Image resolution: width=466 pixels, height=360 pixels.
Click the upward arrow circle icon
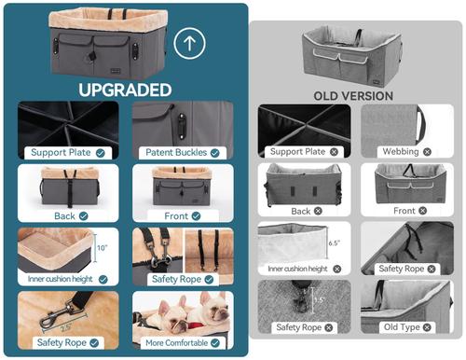[191, 43]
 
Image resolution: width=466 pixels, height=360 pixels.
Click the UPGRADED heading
[125, 90]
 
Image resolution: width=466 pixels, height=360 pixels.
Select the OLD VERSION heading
[353, 95]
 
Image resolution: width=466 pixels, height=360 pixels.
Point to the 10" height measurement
[101, 248]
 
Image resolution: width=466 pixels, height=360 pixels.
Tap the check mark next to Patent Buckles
[215, 151]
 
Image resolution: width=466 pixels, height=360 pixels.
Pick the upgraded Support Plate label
[61, 151]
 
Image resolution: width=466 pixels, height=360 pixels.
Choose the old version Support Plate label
[297, 150]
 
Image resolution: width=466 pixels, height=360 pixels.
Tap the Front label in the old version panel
[404, 211]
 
